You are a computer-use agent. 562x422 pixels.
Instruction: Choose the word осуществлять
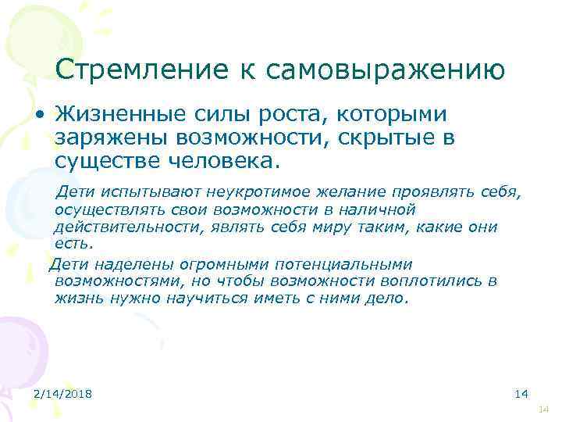[x=102, y=209]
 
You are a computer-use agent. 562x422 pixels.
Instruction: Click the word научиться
[x=203, y=299]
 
